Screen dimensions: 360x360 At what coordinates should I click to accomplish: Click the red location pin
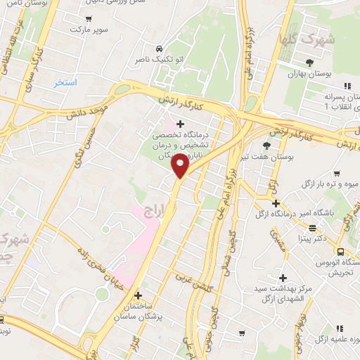[x=181, y=165]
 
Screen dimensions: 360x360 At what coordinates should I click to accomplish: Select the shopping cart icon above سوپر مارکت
[x=88, y=18]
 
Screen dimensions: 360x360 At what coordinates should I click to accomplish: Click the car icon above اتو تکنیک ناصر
[x=161, y=49]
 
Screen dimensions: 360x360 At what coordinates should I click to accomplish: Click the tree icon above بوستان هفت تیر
[x=266, y=145]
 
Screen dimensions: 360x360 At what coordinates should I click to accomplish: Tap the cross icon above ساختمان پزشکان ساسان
[x=138, y=296]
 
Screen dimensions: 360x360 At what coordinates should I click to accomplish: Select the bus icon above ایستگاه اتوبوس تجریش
[x=341, y=252]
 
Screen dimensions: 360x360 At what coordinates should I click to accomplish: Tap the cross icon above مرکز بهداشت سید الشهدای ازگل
[x=283, y=278]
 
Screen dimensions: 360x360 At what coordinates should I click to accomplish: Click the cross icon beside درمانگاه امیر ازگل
[x=276, y=203]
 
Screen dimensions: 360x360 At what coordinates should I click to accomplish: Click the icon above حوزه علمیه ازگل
[x=340, y=328]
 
